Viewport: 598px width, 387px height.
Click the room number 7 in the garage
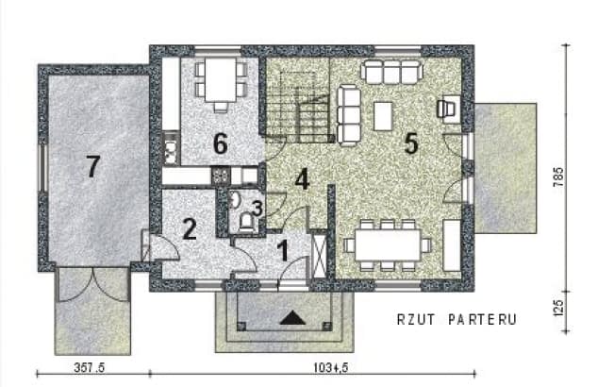91,167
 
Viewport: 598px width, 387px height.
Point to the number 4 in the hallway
301,178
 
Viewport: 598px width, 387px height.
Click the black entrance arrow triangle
291,317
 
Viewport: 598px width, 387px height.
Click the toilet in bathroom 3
246,221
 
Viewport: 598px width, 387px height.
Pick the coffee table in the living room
383,114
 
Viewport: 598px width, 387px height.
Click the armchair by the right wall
448,109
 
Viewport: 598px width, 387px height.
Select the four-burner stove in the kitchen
220,175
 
